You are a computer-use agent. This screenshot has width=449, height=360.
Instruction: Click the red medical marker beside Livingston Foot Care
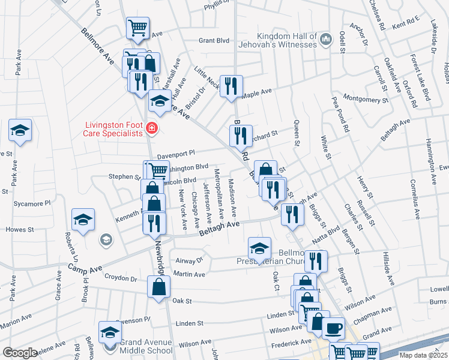(x=151, y=128)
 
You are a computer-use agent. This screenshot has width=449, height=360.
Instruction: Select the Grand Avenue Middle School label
(x=146, y=347)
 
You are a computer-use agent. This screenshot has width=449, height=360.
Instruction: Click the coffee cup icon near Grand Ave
(x=333, y=328)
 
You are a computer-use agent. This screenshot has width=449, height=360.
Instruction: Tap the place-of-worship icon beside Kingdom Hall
(x=326, y=40)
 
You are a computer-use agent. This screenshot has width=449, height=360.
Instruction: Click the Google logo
(x=20, y=353)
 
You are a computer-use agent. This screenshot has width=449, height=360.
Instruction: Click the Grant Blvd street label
(x=215, y=41)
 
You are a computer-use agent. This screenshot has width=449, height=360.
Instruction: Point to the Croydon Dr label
(x=120, y=278)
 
